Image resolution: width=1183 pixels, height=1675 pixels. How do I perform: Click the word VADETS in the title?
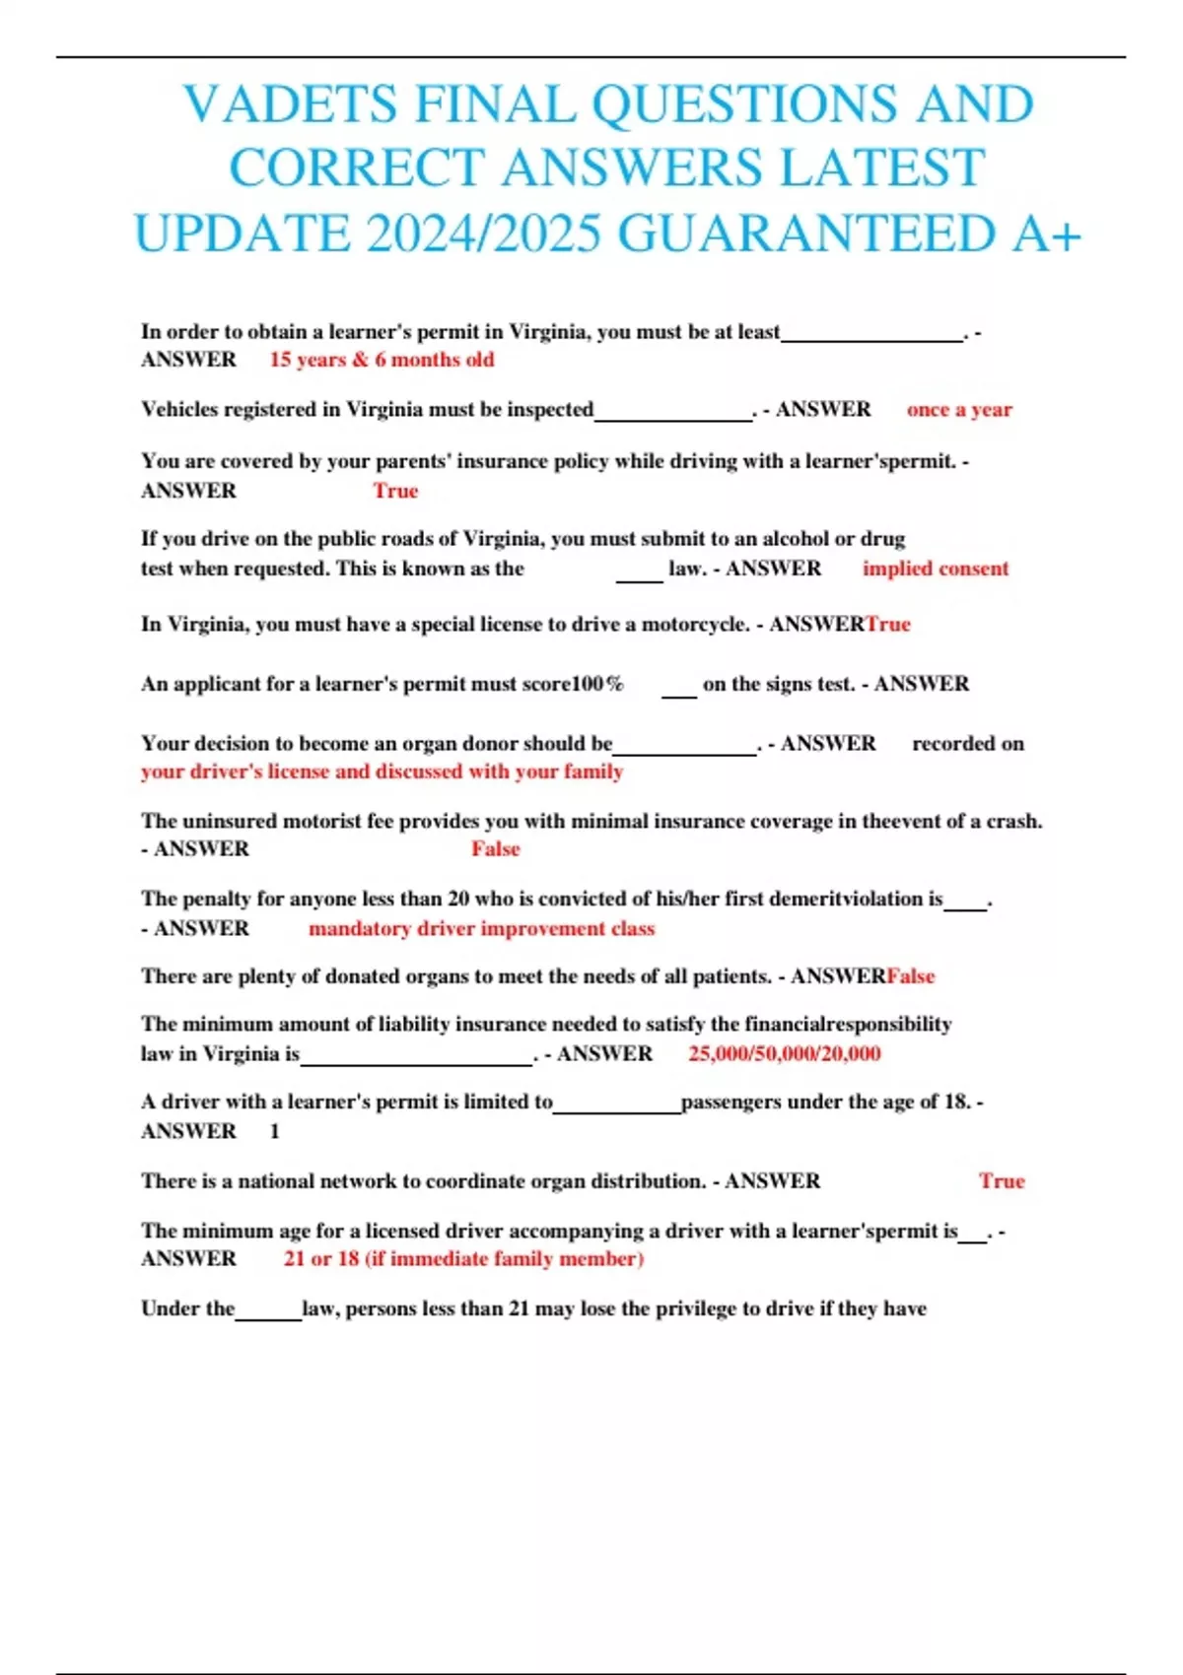pos(290,104)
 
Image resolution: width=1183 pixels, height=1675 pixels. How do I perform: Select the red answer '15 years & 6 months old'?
pos(382,360)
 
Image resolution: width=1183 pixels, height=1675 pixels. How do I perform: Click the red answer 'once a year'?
pos(959,410)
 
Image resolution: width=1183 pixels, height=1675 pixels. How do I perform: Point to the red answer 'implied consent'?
pos(936,569)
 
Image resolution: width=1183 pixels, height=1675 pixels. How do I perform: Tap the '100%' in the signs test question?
pos(597,684)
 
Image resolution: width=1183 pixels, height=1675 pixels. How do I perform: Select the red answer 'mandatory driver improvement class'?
pos(481,928)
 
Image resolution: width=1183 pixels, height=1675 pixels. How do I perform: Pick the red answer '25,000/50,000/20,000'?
pos(785,1053)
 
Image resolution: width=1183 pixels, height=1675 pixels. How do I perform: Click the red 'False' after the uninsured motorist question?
pos(495,849)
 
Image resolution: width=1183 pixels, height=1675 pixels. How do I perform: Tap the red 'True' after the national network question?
pos(1002,1181)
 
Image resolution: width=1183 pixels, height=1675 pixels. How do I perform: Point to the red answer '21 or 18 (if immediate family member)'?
pos(463,1259)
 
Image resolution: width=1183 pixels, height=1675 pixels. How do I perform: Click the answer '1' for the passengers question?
pos(275,1132)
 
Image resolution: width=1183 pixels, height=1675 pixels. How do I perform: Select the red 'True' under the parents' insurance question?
pos(395,491)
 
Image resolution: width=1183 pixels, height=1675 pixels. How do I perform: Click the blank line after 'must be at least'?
pos(871,335)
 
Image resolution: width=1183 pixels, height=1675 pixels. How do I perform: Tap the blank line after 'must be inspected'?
pos(673,414)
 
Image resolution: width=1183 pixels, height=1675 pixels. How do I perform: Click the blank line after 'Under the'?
pos(268,1313)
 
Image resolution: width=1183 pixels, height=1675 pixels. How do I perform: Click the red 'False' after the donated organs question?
pos(911,976)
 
